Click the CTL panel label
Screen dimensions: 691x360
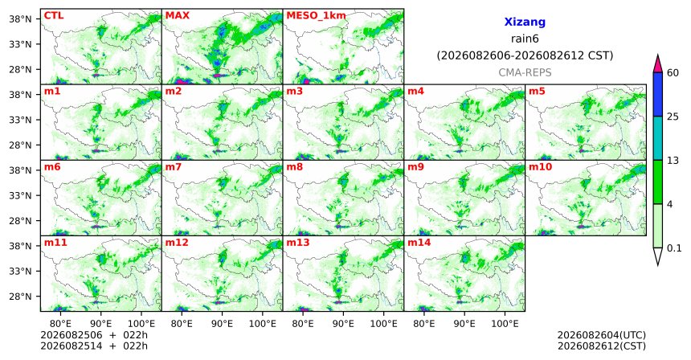(54, 16)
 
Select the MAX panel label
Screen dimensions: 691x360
(177, 16)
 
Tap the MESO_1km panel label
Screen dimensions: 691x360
(316, 16)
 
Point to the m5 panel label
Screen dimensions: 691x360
(537, 92)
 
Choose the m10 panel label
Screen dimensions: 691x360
(540, 167)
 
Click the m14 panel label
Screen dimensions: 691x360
(419, 243)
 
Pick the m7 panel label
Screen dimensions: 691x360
(174, 167)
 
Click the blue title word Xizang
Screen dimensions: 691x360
(525, 22)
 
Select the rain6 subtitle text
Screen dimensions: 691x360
(525, 39)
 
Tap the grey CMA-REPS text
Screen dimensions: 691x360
(525, 72)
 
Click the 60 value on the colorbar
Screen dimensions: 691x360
(673, 72)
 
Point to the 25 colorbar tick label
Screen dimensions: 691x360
(673, 117)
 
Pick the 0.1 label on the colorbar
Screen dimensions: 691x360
(674, 248)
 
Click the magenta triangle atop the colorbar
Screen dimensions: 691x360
(658, 64)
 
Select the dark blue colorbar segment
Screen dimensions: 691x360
(658, 94)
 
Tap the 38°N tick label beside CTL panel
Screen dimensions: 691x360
(20, 19)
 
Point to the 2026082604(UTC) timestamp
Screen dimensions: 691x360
(602, 336)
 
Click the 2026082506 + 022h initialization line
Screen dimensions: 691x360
(94, 335)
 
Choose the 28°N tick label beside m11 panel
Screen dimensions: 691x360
(20, 296)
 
